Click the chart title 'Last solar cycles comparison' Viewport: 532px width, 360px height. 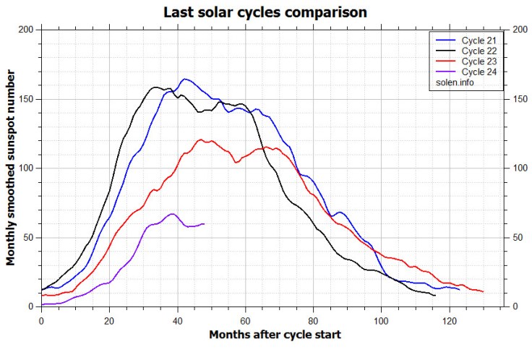[x=265, y=12]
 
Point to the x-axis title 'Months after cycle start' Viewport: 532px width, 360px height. [x=275, y=335]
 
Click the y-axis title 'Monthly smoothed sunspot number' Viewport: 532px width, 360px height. [x=12, y=168]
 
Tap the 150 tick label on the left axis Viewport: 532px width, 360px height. [x=25, y=99]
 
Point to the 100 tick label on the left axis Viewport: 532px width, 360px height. [x=25, y=168]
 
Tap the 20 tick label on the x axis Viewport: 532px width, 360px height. [x=109, y=320]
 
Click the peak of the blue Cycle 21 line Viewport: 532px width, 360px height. [x=185, y=80]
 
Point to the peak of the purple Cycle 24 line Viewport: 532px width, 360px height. [x=172, y=214]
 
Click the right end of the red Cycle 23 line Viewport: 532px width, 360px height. [x=483, y=292]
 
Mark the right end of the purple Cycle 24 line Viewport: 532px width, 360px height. [x=204, y=224]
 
